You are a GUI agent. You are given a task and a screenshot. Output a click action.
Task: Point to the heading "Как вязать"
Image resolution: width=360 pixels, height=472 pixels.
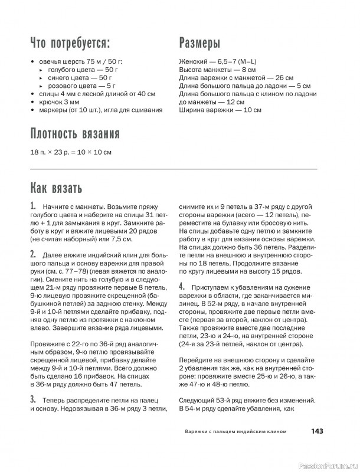click(x=56, y=188)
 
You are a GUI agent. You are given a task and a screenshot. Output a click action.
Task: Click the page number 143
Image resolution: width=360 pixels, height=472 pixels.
click(x=317, y=431)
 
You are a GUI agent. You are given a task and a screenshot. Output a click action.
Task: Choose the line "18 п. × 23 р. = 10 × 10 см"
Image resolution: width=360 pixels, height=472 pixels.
click(x=70, y=152)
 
